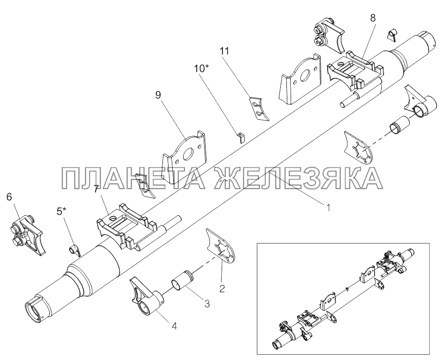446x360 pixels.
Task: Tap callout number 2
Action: (x=222, y=288)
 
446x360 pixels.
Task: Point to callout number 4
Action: (x=174, y=326)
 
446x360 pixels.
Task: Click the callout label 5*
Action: (x=61, y=211)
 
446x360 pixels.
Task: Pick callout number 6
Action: (x=9, y=196)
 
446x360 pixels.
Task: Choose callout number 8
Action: (x=373, y=18)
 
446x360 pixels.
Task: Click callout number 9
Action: (x=158, y=95)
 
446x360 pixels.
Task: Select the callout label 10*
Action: (x=201, y=68)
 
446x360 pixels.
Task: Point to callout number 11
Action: (x=224, y=51)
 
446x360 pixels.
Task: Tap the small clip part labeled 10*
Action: (x=241, y=138)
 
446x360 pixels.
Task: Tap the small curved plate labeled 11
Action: (x=260, y=110)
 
